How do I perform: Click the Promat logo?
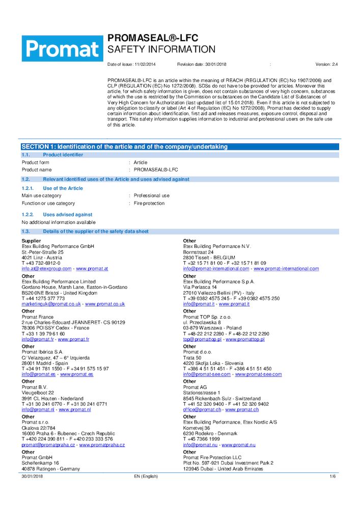point(62,48)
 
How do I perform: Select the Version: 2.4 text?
point(327,65)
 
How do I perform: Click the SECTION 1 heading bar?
point(125,147)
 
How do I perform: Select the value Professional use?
point(152,195)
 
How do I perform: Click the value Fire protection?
point(149,203)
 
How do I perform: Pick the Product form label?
point(35,162)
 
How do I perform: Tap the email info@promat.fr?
point(38,339)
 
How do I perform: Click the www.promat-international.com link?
point(286,268)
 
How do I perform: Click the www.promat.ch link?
point(242,409)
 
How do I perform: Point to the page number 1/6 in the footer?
point(333,476)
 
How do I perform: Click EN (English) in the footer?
point(146,476)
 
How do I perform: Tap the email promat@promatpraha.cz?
point(48,444)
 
